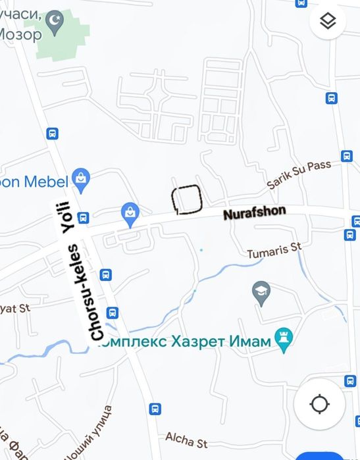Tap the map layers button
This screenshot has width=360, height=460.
[328, 22]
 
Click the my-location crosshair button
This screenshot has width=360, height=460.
[319, 404]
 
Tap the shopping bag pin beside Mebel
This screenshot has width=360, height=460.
[81, 176]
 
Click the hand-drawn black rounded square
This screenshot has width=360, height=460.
[186, 199]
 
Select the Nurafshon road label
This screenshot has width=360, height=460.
[254, 213]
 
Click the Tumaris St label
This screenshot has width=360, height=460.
[273, 250]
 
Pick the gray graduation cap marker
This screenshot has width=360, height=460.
[262, 292]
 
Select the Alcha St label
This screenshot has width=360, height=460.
[186, 438]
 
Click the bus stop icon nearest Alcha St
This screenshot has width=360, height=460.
[155, 409]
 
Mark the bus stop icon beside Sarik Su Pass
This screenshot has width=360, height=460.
[347, 156]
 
